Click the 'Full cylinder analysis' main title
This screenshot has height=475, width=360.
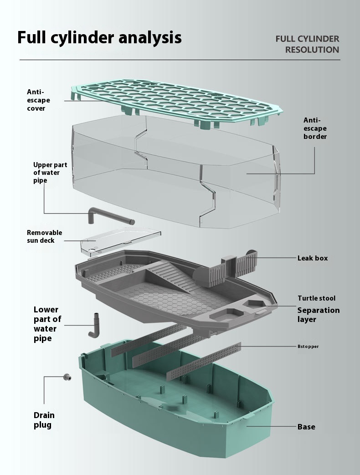pos(99,37)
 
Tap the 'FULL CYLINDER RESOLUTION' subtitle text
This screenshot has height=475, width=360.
pos(307,44)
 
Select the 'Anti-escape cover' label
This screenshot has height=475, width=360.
pos(38,100)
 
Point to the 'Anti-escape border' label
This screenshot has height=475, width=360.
pos(315,128)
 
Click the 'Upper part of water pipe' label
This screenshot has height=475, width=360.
pos(46,173)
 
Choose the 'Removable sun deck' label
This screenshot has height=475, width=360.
pos(44,236)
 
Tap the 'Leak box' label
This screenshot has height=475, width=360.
pos(313,258)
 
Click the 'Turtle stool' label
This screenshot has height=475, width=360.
pos(316,298)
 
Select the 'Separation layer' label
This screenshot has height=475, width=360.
pos(318,315)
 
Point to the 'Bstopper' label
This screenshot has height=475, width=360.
pos(308,347)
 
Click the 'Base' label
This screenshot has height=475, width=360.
pos(306,427)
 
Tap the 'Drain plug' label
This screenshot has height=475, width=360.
pos(44,420)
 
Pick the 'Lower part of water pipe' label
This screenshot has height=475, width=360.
pos(47,324)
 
